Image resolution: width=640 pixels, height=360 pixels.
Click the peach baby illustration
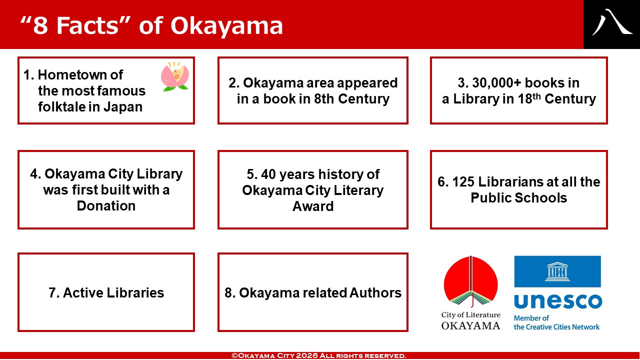[x=175, y=76]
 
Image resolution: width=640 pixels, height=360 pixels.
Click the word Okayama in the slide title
[x=226, y=26]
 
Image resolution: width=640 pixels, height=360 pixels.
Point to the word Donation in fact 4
[x=106, y=205]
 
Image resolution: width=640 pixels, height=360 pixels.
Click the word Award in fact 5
[x=313, y=206]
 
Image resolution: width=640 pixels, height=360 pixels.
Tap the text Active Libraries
[x=113, y=292]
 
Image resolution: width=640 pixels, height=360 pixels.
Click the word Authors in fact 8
[x=375, y=292]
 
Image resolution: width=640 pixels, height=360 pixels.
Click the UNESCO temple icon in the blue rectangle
[x=557, y=271]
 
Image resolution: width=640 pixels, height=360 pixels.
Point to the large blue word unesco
[x=557, y=301]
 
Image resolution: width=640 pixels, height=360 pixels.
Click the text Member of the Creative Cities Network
[x=556, y=322]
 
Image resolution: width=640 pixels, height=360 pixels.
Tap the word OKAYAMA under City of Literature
[x=470, y=325]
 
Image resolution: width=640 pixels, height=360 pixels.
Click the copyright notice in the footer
[x=318, y=355]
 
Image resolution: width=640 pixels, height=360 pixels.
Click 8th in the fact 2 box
[x=323, y=99]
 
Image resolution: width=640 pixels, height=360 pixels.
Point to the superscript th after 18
[x=537, y=96]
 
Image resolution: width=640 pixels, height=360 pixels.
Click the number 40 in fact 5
[x=268, y=174]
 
